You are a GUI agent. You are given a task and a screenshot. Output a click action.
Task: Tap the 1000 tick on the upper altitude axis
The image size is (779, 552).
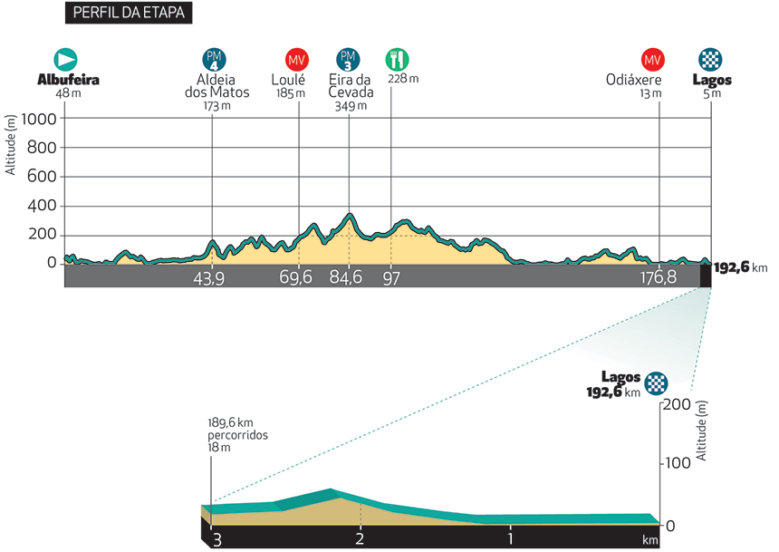click(41, 119)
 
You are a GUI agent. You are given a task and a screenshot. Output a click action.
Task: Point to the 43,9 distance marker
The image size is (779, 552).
click(208, 277)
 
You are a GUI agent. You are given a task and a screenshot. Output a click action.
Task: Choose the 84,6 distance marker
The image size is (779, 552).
click(345, 277)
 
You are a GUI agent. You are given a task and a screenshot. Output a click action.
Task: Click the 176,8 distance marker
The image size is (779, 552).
click(658, 277)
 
